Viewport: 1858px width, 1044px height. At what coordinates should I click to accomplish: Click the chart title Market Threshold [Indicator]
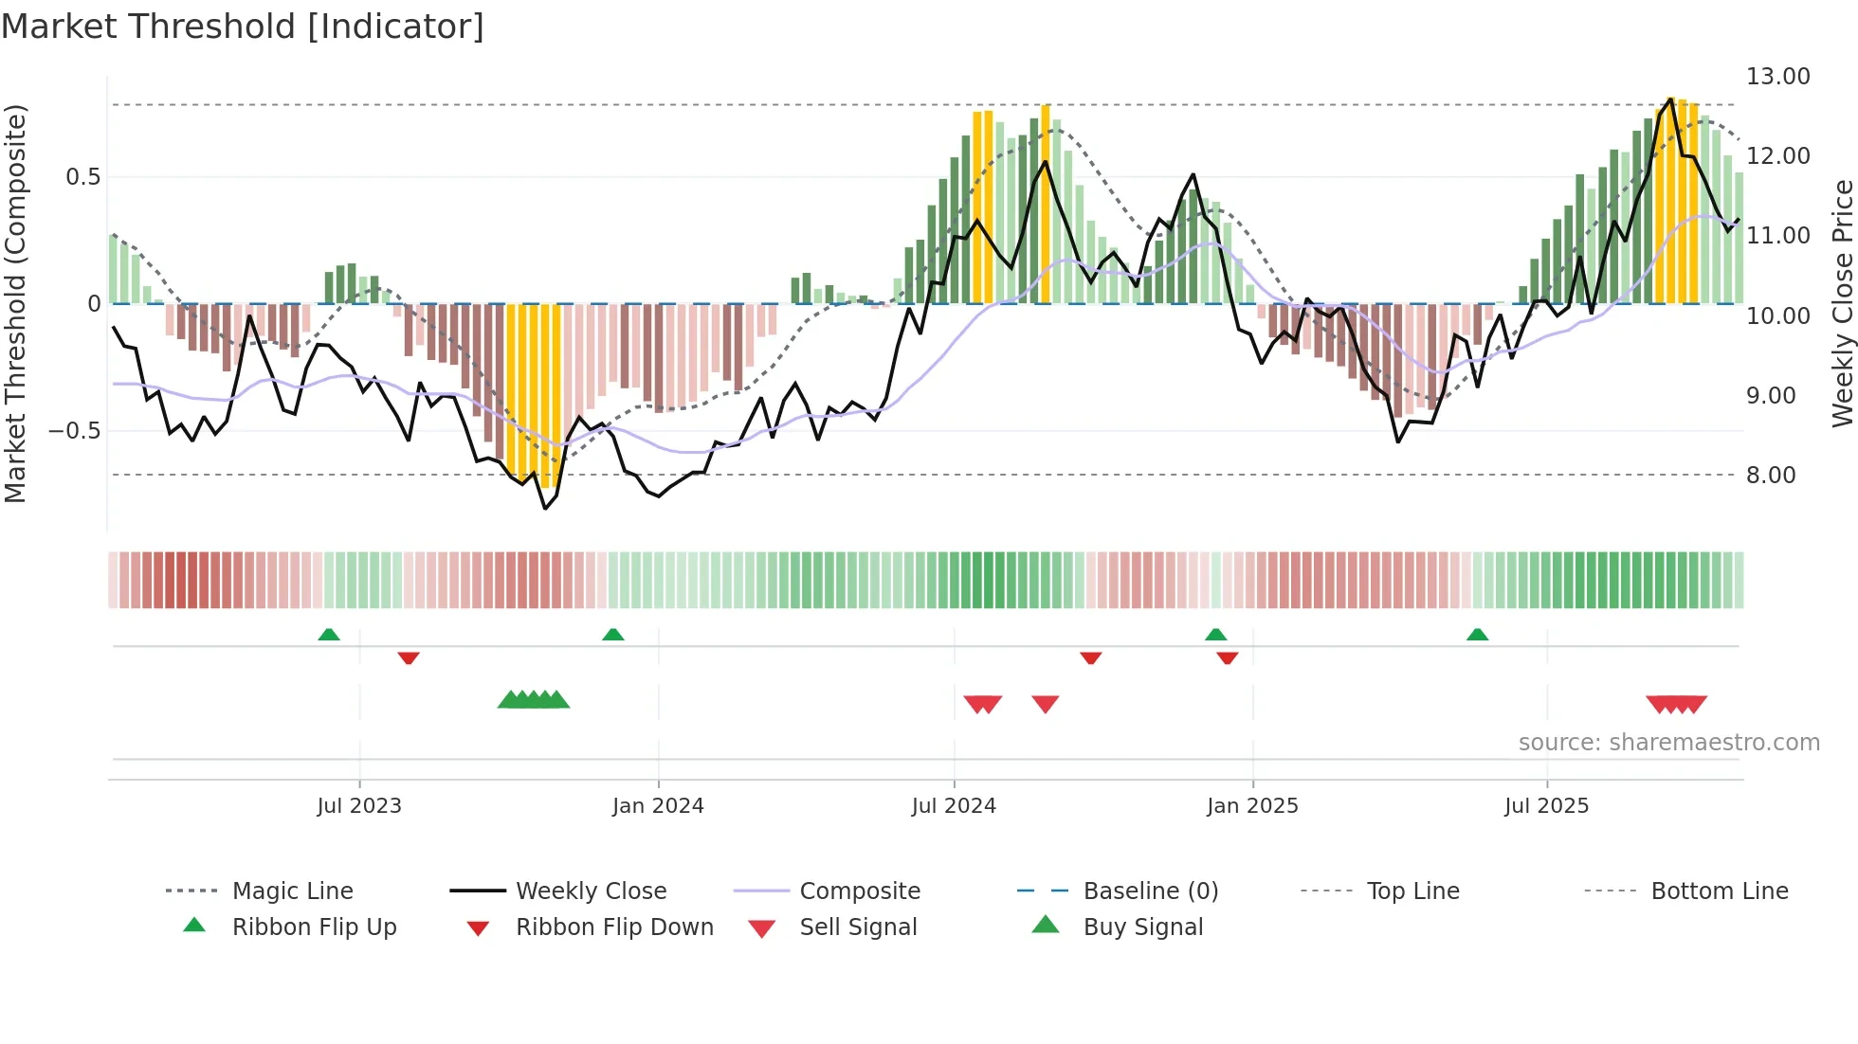click(243, 27)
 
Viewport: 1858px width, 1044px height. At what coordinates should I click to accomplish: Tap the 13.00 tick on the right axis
click(1777, 77)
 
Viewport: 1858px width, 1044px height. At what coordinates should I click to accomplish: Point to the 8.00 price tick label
click(1770, 476)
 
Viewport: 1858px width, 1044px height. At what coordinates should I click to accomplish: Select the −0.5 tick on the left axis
click(75, 431)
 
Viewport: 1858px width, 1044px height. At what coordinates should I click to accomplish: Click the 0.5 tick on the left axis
click(82, 177)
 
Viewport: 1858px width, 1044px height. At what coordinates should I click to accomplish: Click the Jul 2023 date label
click(359, 806)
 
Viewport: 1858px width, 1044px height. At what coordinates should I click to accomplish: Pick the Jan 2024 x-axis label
click(658, 806)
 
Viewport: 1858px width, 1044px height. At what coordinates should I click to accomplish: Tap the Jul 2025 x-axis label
click(1546, 806)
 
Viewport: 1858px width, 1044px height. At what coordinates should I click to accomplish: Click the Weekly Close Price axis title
click(1842, 303)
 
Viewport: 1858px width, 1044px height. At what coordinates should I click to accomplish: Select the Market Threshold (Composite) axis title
click(15, 303)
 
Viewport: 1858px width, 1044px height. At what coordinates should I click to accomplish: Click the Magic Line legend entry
click(292, 891)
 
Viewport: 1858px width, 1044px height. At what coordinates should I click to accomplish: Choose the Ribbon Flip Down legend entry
click(614, 927)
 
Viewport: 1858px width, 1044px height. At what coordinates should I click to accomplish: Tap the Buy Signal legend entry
click(1142, 927)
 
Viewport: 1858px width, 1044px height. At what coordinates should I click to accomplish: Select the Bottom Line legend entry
click(1719, 891)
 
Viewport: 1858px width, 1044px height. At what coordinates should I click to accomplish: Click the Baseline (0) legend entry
click(1150, 891)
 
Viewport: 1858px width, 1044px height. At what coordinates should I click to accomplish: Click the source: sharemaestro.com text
click(1668, 743)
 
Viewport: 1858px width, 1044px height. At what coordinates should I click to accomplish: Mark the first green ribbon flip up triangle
click(329, 635)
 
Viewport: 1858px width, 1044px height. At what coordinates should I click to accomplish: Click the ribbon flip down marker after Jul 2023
click(409, 657)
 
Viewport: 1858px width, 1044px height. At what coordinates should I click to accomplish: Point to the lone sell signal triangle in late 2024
click(1046, 704)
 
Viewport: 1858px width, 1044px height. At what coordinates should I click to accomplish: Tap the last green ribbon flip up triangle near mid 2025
click(1477, 635)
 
